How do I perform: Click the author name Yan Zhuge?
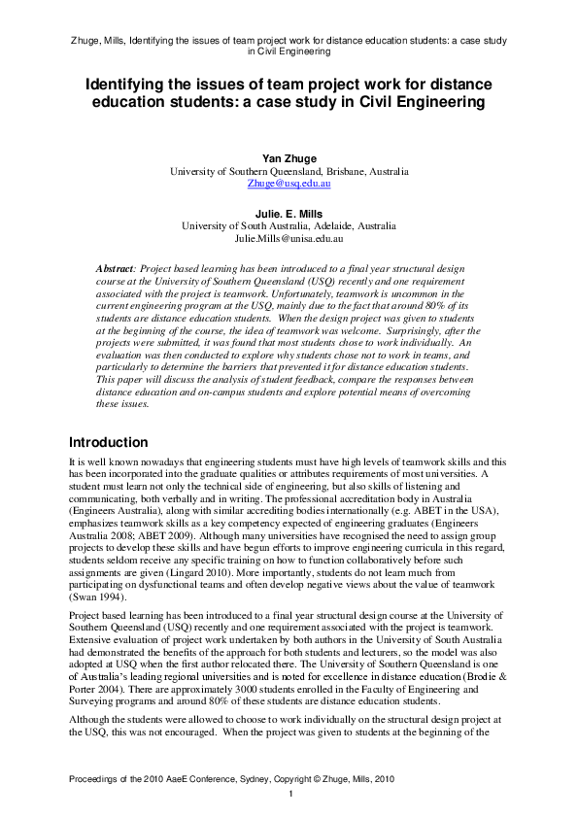pyautogui.click(x=289, y=157)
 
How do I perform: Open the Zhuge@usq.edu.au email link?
pyautogui.click(x=289, y=183)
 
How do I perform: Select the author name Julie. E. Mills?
pyautogui.click(x=289, y=213)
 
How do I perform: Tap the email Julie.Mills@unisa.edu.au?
pyautogui.click(x=289, y=238)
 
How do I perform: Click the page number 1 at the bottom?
pyautogui.click(x=289, y=795)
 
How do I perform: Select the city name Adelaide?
pyautogui.click(x=323, y=225)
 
